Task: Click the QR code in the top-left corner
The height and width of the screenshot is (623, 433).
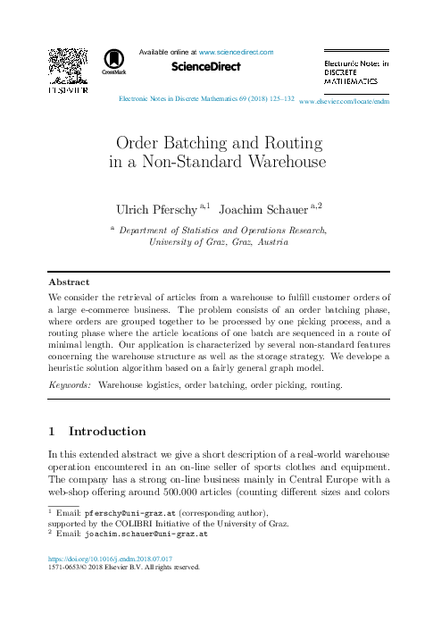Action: pos(67,65)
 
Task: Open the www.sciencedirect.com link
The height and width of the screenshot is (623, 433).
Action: pos(236,53)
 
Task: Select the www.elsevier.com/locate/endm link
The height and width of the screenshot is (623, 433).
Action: pos(345,102)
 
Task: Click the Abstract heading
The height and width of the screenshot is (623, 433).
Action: pos(69,281)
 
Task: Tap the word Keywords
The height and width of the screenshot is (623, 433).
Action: pos(69,384)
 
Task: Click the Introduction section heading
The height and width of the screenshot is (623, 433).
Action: pos(107,431)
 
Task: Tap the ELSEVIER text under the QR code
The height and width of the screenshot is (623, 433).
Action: pos(67,91)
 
